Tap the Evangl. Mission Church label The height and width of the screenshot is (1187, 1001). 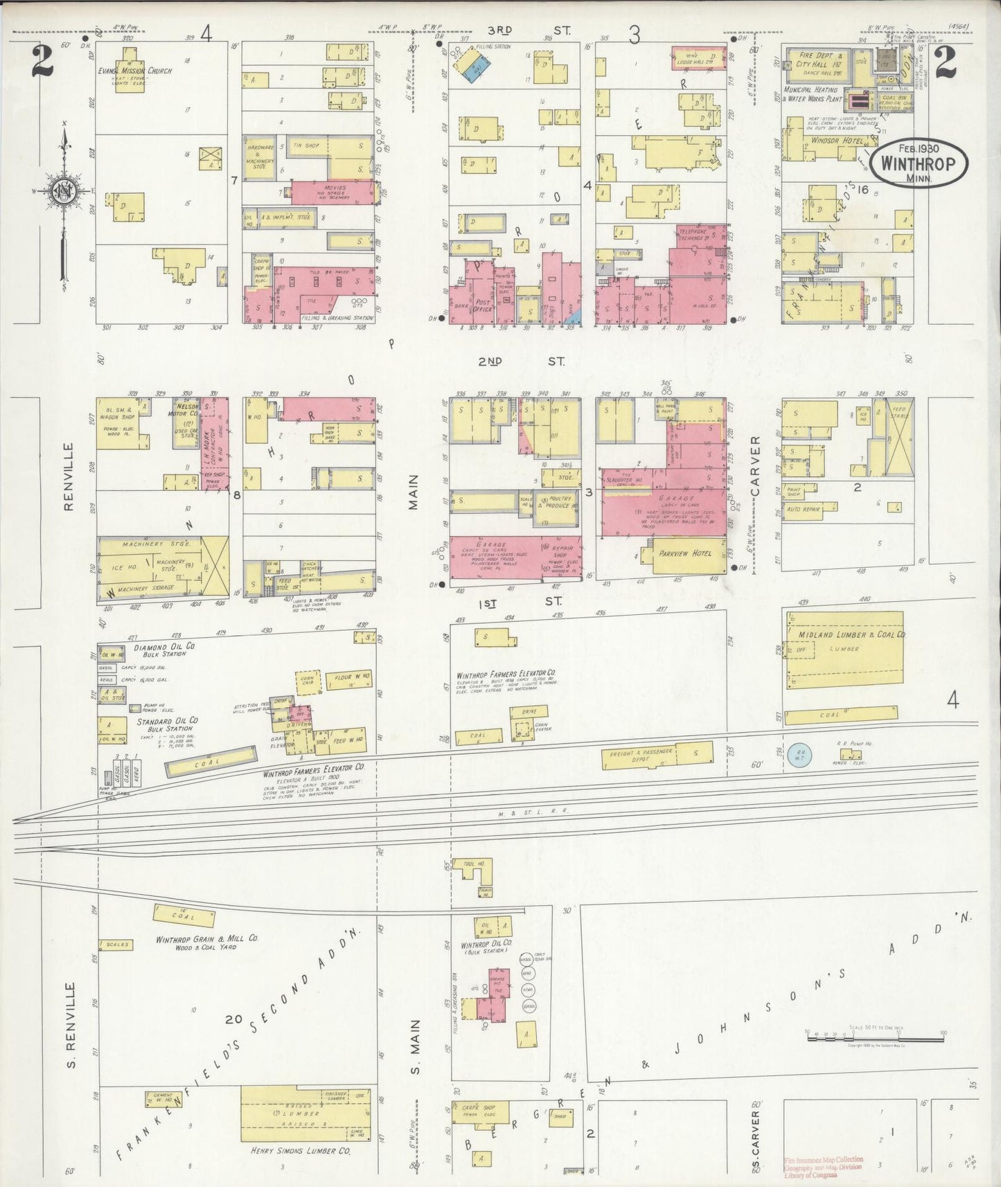[x=135, y=71]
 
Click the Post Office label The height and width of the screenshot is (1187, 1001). [x=483, y=306]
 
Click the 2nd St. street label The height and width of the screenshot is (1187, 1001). [x=521, y=361]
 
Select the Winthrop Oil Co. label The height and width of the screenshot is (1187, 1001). [x=486, y=945]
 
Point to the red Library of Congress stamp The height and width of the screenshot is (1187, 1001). [x=824, y=1166]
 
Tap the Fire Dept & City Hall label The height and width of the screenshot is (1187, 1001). [x=820, y=60]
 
